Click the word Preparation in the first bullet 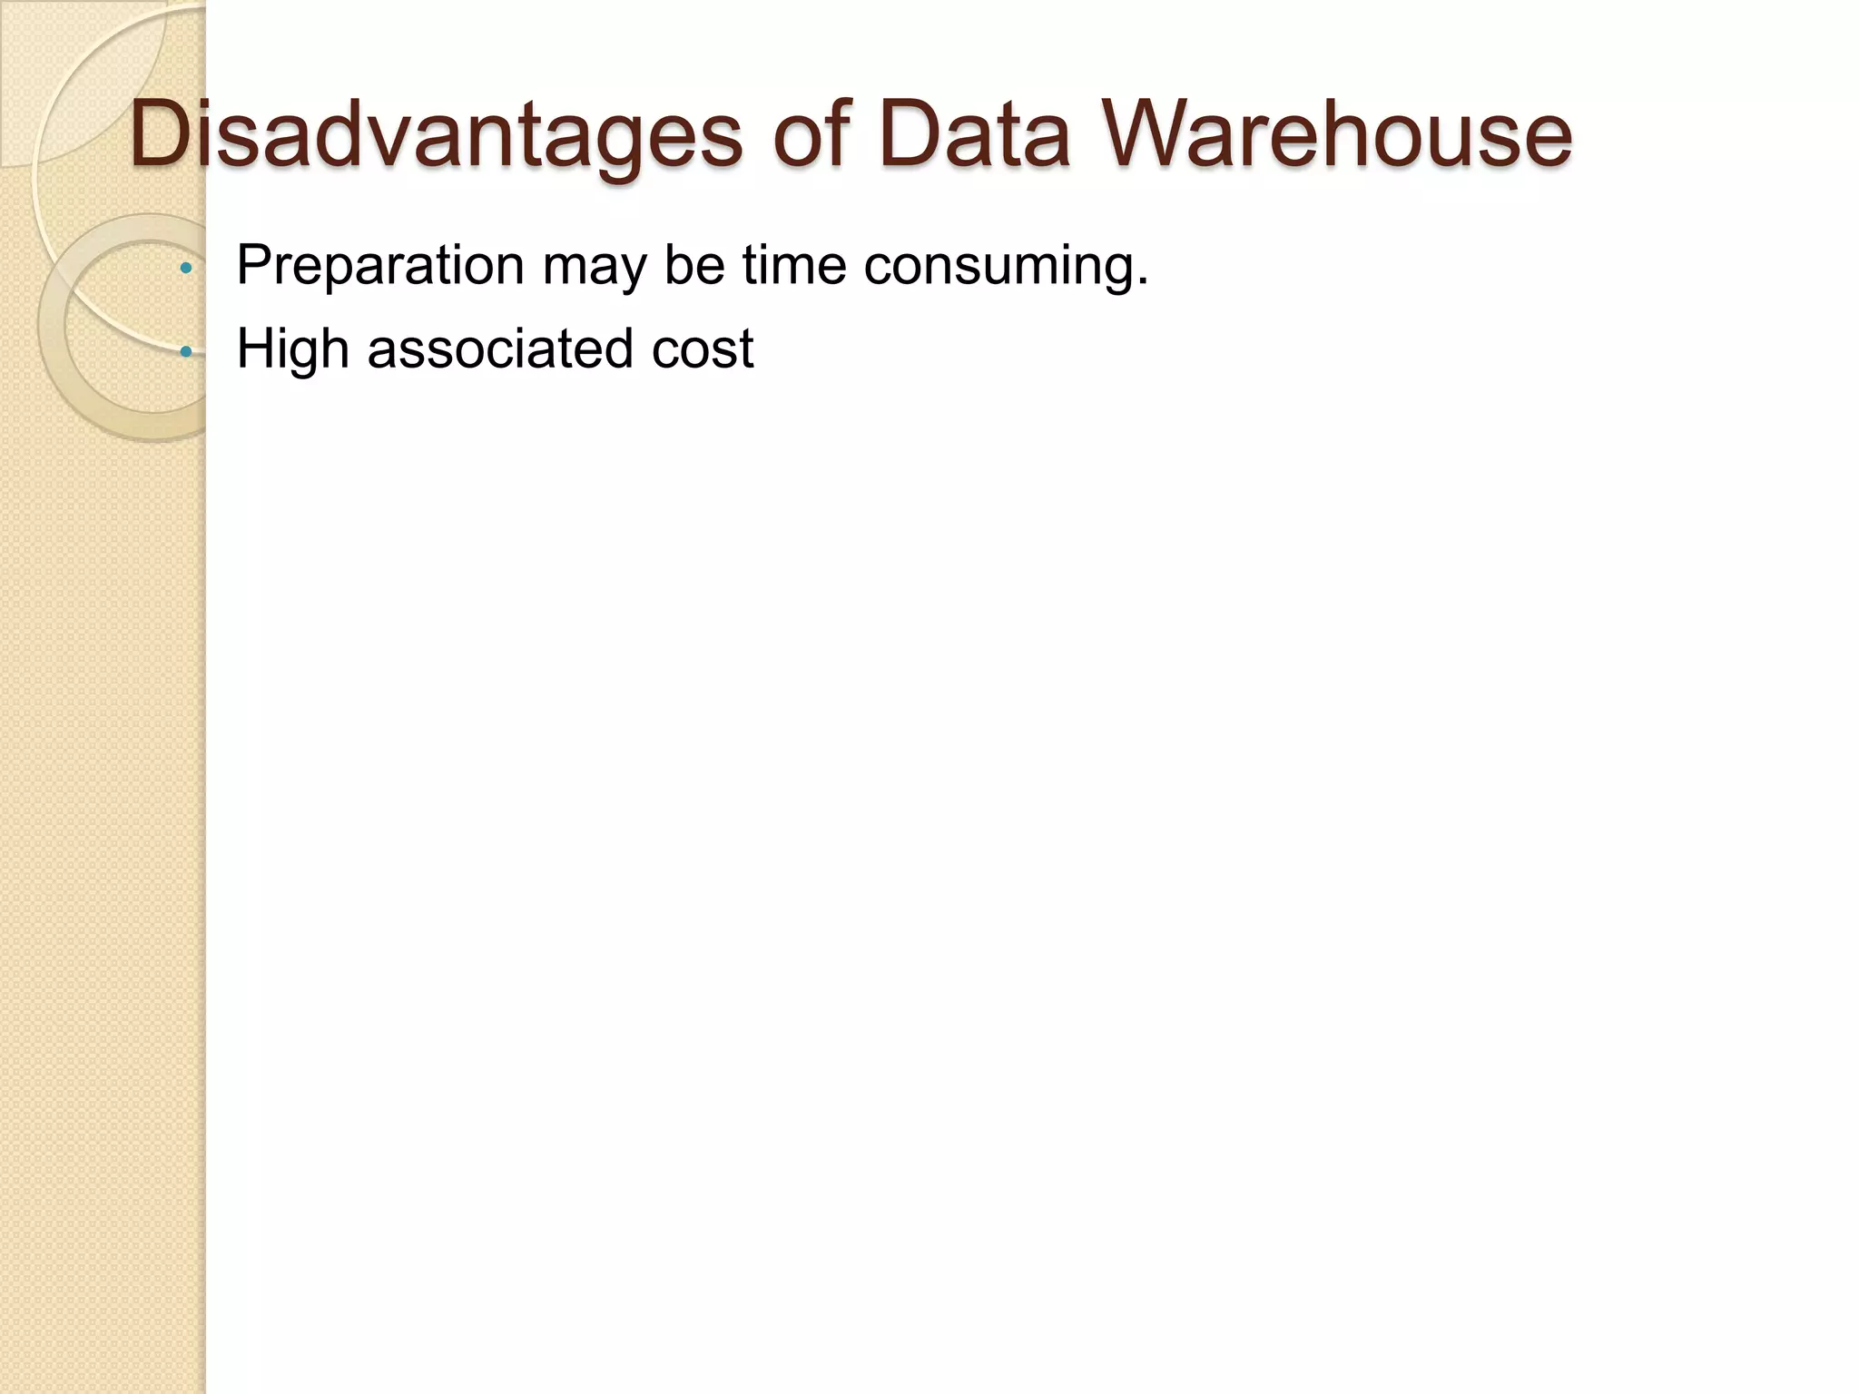[x=380, y=266]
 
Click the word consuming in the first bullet [x=997, y=266]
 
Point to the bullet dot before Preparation [x=186, y=268]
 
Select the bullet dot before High [x=186, y=351]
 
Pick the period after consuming [x=1143, y=284]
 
